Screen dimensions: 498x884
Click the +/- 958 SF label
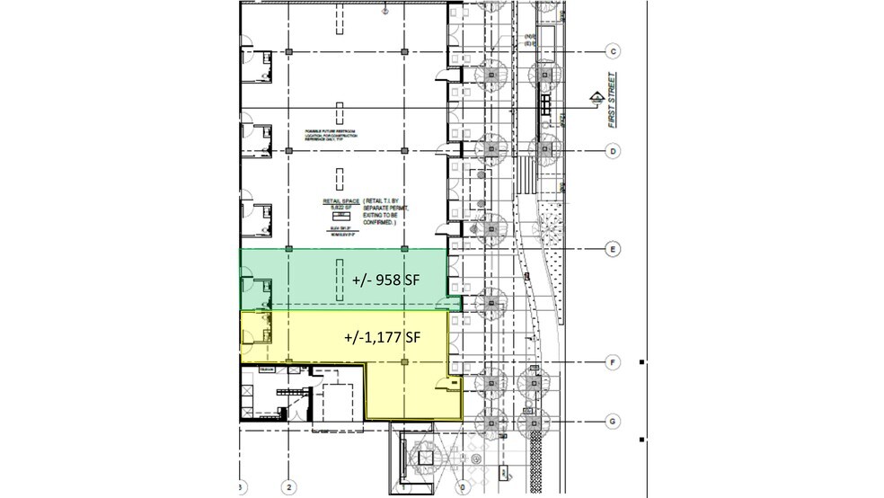386,280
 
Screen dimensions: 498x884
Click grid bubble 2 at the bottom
288,488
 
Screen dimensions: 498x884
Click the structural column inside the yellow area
404,361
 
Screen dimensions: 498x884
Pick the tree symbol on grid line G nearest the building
491,421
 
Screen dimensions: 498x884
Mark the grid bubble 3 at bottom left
242,488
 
